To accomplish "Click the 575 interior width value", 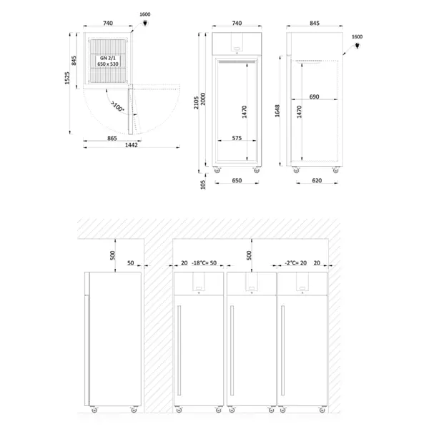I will (236, 138).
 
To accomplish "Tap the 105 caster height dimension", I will (203, 184).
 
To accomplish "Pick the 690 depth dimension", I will (315, 96).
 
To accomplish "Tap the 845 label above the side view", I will (314, 24).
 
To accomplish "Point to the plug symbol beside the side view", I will (357, 46).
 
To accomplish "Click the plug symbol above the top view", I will (147, 23).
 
